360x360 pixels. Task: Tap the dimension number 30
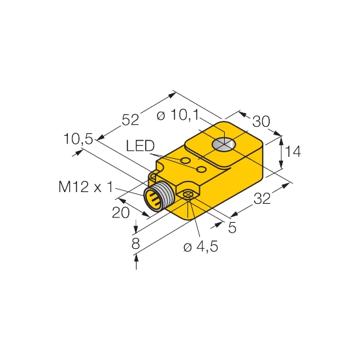[261, 122]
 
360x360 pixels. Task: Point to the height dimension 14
[293, 152]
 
